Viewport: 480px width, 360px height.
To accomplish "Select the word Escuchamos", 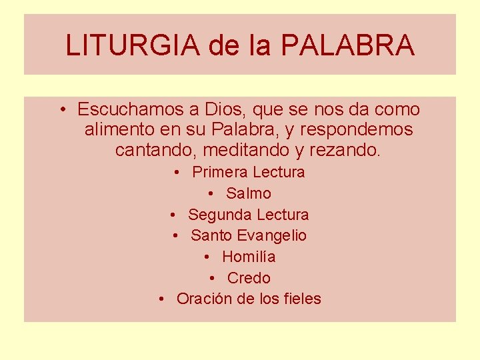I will click(126, 109).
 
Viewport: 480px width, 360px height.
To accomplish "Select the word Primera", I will click(219, 172).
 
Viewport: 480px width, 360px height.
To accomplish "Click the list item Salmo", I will click(249, 193).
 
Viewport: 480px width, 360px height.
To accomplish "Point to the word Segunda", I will click(217, 215).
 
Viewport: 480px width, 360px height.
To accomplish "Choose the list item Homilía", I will click(249, 257).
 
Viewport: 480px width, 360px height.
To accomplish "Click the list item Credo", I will click(249, 278).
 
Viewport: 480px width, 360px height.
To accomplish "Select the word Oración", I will click(203, 299).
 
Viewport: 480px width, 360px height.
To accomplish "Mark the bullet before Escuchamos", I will click(61, 109).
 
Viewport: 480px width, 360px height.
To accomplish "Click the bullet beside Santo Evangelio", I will click(175, 235).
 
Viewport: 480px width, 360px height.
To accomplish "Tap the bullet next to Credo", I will click(211, 278).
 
